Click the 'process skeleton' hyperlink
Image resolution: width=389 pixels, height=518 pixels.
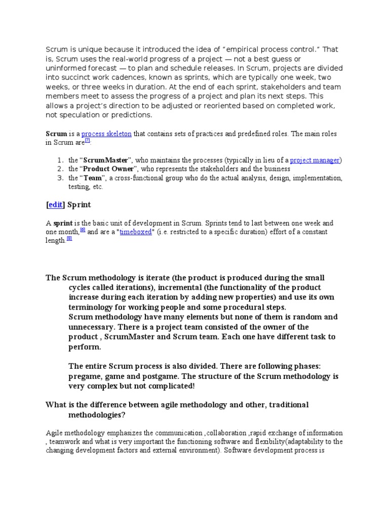tap(106, 134)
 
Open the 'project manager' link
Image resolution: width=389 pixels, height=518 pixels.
tap(315, 160)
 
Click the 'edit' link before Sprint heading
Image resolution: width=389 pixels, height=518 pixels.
tap(55, 205)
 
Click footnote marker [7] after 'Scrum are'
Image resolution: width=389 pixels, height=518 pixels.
tap(87, 141)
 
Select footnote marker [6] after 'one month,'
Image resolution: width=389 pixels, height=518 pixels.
tap(83, 230)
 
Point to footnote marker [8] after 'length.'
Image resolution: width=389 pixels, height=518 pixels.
tap(69, 239)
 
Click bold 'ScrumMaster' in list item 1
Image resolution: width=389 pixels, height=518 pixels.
tap(106, 160)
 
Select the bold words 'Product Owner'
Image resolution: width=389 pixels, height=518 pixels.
tap(108, 169)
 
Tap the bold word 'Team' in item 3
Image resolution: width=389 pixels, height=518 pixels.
tap(93, 178)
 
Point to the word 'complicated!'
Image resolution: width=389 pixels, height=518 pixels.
tap(171, 386)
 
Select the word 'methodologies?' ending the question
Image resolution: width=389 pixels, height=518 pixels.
tap(97, 415)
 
